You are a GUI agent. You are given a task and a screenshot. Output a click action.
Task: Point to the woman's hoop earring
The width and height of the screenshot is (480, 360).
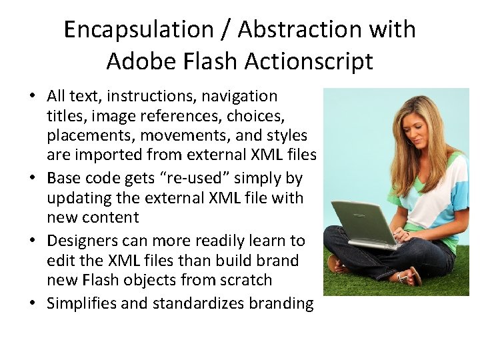click(408, 142)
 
